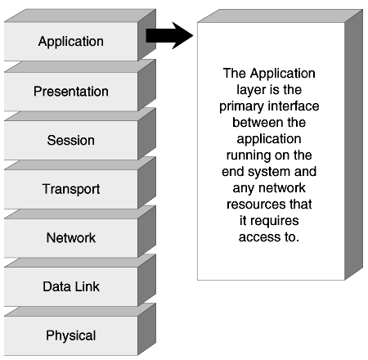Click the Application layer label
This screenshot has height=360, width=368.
click(71, 42)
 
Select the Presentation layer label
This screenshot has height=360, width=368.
click(71, 92)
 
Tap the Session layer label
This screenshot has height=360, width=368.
click(71, 140)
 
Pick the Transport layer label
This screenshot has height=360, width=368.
click(71, 189)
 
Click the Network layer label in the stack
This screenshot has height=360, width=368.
click(71, 238)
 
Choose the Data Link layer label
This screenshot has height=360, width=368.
click(71, 286)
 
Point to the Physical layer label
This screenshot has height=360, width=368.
click(71, 335)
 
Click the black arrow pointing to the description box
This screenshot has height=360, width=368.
click(169, 36)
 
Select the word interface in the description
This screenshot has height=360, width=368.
click(294, 106)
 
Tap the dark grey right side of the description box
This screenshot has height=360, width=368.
click(353, 145)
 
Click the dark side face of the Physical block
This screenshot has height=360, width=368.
click(146, 329)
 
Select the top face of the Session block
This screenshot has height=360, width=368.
click(80, 115)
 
